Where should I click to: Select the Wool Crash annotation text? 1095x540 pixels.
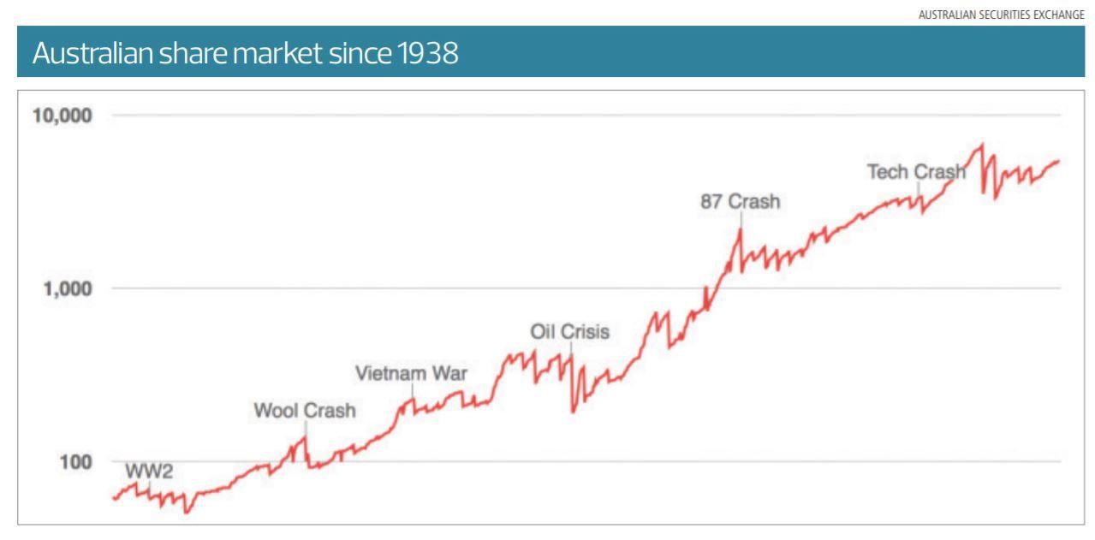click(305, 411)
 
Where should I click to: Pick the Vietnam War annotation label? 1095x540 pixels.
click(411, 374)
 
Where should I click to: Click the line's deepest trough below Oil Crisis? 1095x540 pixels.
click(573, 412)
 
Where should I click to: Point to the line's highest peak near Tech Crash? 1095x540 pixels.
click(981, 144)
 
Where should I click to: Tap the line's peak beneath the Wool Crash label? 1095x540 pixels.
click(305, 436)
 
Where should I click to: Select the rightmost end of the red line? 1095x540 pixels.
click(1059, 160)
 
